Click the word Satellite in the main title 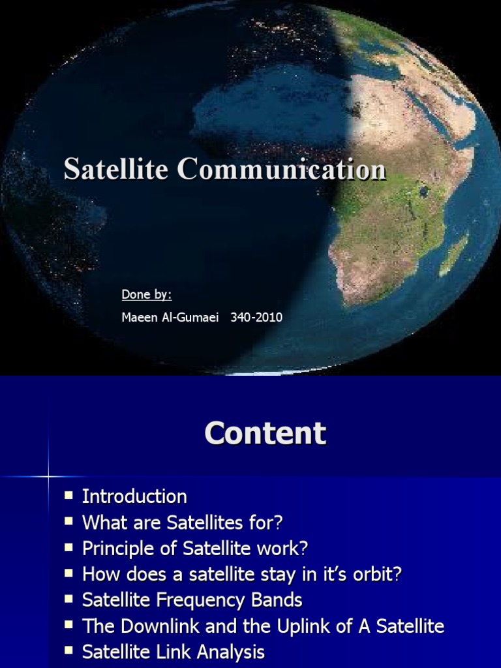pyautogui.click(x=116, y=170)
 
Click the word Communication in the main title pyautogui.click(x=281, y=170)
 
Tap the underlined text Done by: pyautogui.click(x=146, y=295)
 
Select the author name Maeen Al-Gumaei pyautogui.click(x=172, y=318)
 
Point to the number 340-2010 pyautogui.click(x=256, y=318)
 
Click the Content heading pyautogui.click(x=265, y=433)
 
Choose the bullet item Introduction pyautogui.click(x=134, y=496)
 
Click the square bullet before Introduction pyautogui.click(x=68, y=496)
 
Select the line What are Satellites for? pyautogui.click(x=183, y=523)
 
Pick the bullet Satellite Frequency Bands pyautogui.click(x=192, y=600)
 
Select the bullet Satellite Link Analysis pyautogui.click(x=173, y=653)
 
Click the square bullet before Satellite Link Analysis pyautogui.click(x=68, y=652)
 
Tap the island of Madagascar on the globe pyautogui.click(x=454, y=254)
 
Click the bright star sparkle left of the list pyautogui.click(x=48, y=477)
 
